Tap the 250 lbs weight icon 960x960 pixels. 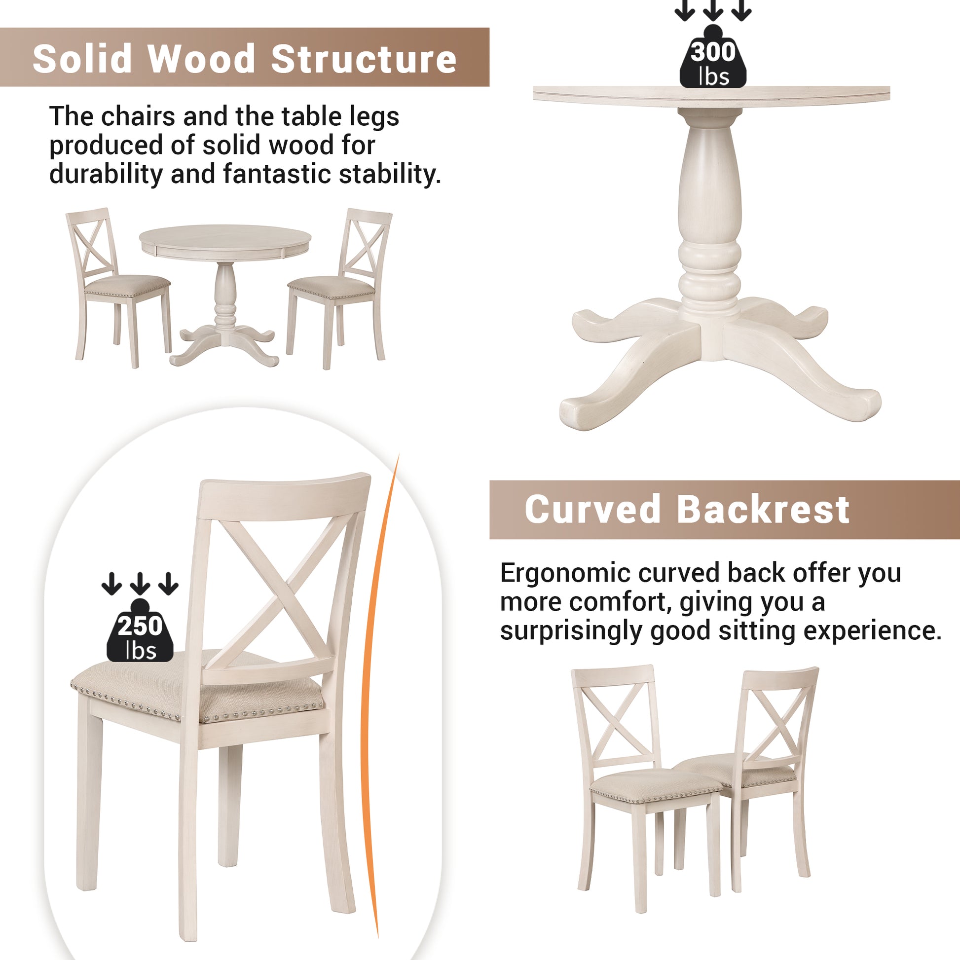[140, 633]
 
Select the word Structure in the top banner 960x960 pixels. [364, 59]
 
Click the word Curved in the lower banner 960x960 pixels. [592, 510]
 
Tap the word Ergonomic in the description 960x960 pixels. [565, 573]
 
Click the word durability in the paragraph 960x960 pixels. [106, 175]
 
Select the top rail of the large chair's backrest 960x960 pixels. [284, 497]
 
